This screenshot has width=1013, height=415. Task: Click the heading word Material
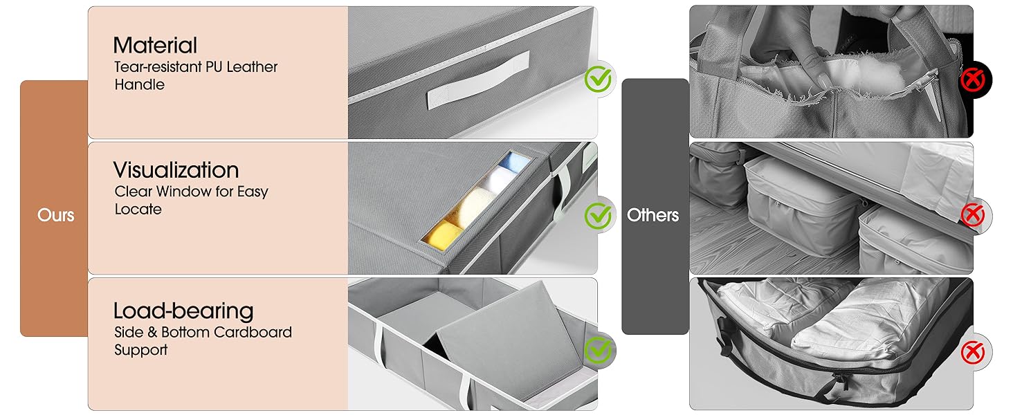coord(155,45)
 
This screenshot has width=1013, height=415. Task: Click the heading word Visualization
coord(176,170)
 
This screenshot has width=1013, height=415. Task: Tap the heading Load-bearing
coord(183,311)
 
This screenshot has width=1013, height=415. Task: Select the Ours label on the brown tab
coord(55,215)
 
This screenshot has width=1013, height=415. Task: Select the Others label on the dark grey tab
coord(652,215)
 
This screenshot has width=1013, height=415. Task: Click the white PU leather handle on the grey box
coord(478,80)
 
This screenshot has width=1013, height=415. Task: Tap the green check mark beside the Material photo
coord(598,79)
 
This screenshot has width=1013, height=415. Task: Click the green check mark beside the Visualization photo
coord(598,216)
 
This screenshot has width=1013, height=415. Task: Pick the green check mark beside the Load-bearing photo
coord(598,351)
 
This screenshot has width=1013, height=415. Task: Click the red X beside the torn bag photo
coord(973,80)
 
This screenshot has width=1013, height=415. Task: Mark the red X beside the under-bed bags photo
coord(973,214)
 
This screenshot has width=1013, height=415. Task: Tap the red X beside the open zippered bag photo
coord(973,352)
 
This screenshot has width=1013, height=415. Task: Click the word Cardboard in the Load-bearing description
coord(253,332)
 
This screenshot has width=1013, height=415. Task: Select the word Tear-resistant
coord(158,67)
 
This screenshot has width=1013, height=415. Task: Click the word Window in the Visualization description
coord(184,192)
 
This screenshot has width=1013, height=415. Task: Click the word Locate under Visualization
coord(138,210)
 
